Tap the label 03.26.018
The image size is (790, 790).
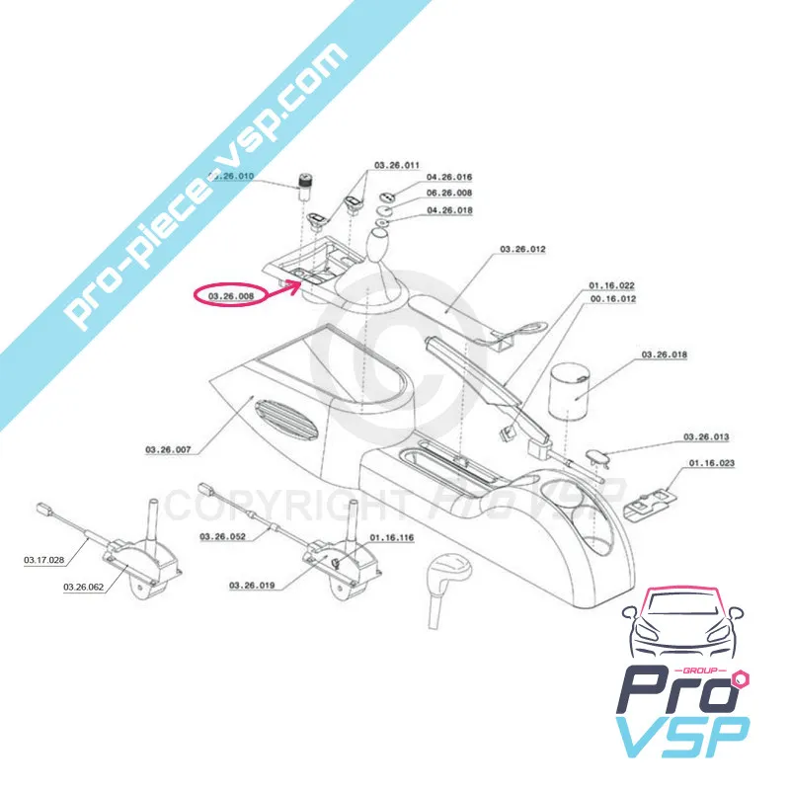tap(664, 354)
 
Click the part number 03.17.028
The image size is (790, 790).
tap(44, 560)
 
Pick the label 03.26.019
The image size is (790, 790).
tap(251, 586)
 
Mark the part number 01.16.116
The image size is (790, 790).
tap(392, 538)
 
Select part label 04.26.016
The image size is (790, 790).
tap(449, 178)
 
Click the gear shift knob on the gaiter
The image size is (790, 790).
tap(382, 243)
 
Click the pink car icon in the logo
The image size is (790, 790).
tap(680, 626)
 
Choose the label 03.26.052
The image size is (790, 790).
tap(221, 536)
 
